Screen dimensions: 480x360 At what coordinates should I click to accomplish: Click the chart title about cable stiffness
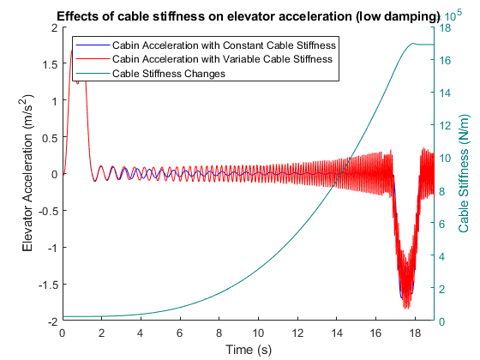[x=249, y=16]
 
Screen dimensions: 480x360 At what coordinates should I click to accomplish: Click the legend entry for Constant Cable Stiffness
[x=224, y=45]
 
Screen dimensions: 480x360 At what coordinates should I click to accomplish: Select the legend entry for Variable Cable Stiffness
[x=222, y=59]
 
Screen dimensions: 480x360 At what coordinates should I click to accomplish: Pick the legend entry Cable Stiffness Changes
[x=169, y=74]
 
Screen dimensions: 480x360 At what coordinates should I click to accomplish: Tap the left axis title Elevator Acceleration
[x=27, y=173]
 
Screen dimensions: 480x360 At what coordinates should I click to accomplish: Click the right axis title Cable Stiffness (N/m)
[x=463, y=173]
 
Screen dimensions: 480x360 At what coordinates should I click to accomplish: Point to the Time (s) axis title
[x=249, y=350]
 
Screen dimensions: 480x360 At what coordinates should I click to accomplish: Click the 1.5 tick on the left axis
[x=51, y=64]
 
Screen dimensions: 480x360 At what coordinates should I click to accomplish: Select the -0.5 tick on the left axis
[x=48, y=211]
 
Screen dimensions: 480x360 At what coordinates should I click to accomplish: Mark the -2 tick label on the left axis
[x=53, y=321]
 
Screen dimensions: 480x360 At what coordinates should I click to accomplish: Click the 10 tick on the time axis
[x=258, y=333]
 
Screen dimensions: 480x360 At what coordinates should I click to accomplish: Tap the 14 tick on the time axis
[x=336, y=333]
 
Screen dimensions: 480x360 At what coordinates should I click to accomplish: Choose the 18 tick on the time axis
[x=415, y=333]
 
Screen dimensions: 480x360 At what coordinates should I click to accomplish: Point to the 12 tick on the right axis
[x=445, y=125]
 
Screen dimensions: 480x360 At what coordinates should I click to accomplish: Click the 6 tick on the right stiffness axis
[x=441, y=224]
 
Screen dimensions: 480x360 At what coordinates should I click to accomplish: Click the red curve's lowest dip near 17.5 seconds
[x=407, y=309]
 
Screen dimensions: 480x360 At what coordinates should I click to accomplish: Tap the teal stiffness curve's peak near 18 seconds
[x=413, y=44]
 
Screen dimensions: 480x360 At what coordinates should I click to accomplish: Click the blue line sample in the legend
[x=93, y=45]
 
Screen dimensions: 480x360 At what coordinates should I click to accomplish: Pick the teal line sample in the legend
[x=93, y=74]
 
